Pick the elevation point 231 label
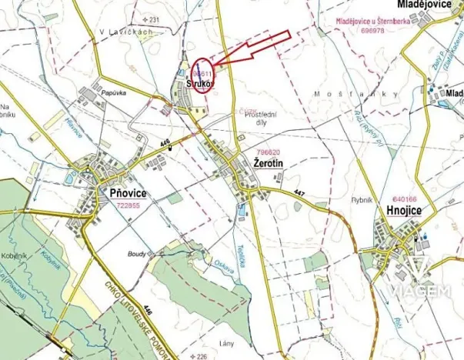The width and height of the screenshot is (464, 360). tap(153, 19)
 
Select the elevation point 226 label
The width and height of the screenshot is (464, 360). tap(202, 356)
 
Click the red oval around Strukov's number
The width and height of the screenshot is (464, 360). tap(202, 75)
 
